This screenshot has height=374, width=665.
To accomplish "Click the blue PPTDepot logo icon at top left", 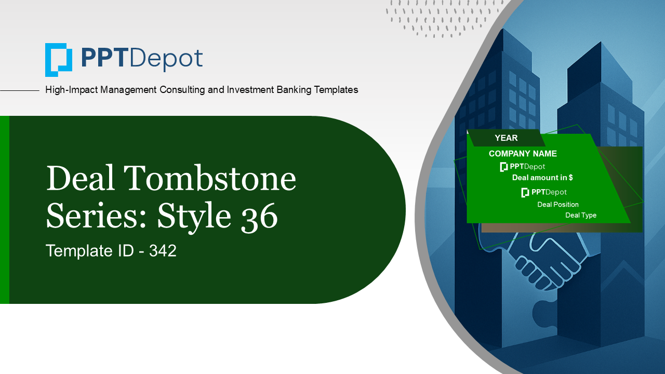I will coord(58,60).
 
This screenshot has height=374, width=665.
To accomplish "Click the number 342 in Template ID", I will coord(163,251).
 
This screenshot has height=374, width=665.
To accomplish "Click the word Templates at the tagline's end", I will coord(332,90).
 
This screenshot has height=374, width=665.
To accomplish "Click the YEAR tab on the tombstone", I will coord(506,138).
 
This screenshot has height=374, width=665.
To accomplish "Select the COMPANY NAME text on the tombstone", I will coord(523,154).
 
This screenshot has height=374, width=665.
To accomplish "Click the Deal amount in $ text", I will coord(542,178).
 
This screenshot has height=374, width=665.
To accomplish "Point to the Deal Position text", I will coord(557,205).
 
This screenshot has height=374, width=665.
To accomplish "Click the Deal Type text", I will coord(581,215).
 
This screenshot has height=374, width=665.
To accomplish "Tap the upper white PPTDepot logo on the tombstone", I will coord(523,167).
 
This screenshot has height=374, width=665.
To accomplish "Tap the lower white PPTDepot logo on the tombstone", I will coord(544,192).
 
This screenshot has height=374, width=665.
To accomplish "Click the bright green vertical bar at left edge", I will coord(4,210).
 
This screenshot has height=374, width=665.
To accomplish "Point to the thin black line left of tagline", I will coord(20,90).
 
